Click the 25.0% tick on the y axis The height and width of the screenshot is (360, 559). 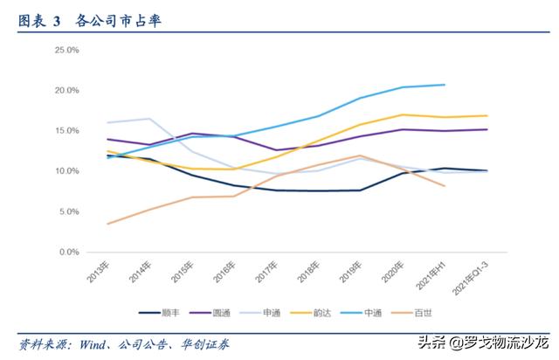pos(67,51)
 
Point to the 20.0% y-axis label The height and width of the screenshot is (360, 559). pos(67,91)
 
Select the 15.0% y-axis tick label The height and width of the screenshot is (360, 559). pos(67,131)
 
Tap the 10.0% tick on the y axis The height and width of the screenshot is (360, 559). pos(67,171)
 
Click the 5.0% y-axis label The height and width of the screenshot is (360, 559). pos(69,211)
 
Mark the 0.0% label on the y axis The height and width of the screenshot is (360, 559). pos(69,252)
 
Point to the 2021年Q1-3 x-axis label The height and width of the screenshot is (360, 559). pos(468,279)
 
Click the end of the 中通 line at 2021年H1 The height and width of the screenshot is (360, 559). pos(445,85)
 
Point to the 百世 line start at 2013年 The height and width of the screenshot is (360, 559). pos(107,224)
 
